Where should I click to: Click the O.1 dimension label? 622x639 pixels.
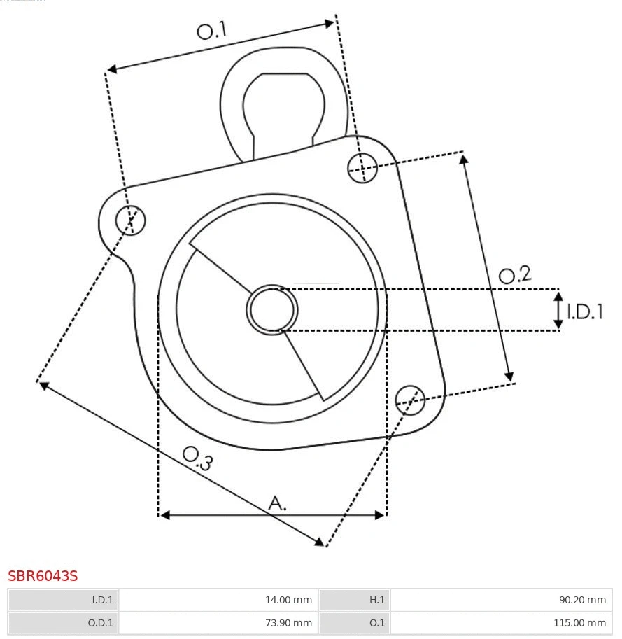point(212,31)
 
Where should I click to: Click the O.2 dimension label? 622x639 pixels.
point(515,275)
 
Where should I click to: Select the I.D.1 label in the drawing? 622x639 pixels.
point(584,312)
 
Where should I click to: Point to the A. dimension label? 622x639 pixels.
point(278,503)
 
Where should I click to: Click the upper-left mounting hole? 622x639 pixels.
point(131,220)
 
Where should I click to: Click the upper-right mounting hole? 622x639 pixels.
point(362,167)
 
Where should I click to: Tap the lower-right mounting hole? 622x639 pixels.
point(410,399)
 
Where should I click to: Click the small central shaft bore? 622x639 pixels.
point(272,309)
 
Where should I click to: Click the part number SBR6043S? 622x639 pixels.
point(43,576)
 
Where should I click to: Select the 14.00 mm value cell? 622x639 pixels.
point(218,600)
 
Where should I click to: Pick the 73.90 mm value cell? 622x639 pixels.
point(218,622)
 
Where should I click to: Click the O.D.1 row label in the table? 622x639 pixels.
point(64,622)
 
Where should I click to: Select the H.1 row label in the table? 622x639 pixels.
point(354,600)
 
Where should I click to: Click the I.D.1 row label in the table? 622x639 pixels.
point(64,600)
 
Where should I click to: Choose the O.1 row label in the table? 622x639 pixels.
point(354,622)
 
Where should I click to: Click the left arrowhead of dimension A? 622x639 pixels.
point(164,515)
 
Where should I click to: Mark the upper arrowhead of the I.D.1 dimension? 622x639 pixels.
point(558,296)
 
